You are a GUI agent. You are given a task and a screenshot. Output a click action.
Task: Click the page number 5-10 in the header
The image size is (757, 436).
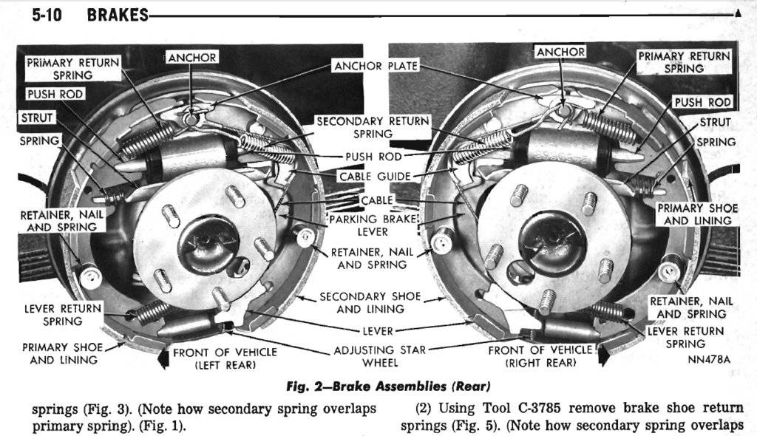[47, 15]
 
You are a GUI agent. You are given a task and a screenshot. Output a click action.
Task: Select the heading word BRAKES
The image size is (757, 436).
[118, 15]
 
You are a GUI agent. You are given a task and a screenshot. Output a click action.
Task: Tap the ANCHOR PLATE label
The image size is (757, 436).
[376, 66]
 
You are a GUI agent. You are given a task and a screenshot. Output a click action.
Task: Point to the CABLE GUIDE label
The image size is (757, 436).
[374, 177]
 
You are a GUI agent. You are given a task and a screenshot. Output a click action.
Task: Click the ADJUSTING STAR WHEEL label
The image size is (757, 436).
[380, 356]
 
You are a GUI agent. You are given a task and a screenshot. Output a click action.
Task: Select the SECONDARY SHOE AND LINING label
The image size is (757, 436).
[370, 302]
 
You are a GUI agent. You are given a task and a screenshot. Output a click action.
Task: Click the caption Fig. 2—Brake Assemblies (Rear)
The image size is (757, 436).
[388, 386]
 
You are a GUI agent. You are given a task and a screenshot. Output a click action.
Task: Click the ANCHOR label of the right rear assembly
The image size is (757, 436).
[560, 52]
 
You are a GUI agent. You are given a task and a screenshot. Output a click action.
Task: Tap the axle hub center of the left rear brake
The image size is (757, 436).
[204, 245]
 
